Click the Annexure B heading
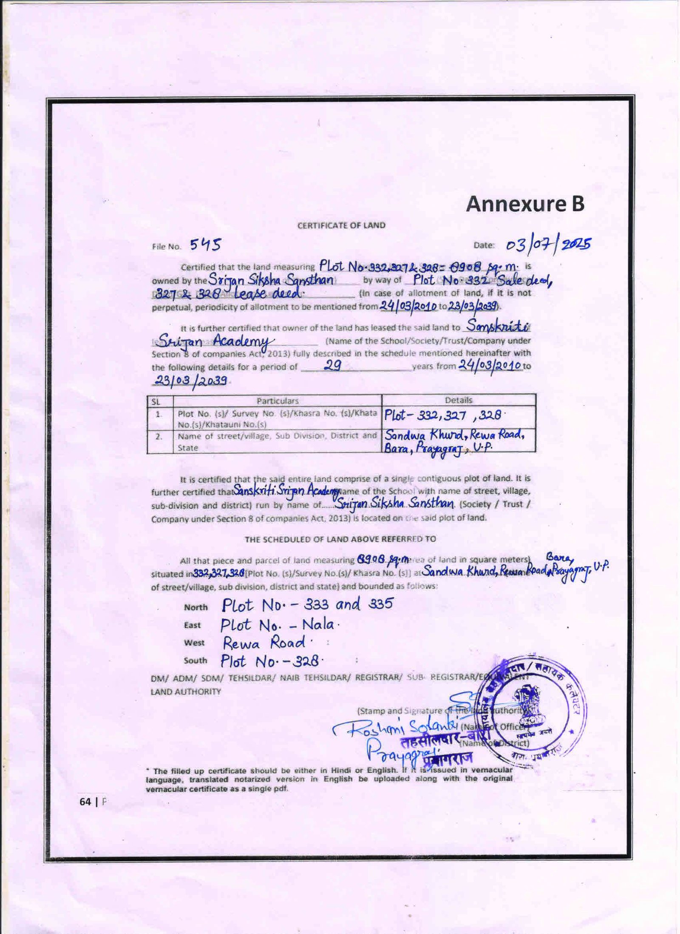[525, 204]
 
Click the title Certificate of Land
[341, 225]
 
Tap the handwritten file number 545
[205, 244]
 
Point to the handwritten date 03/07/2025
[548, 245]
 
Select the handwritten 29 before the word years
[333, 366]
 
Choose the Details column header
[458, 400]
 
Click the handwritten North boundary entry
[307, 605]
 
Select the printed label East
[192, 625]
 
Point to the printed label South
[195, 660]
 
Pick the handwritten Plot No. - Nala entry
[279, 625]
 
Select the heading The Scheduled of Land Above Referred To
[340, 539]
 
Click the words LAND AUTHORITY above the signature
[186, 692]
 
